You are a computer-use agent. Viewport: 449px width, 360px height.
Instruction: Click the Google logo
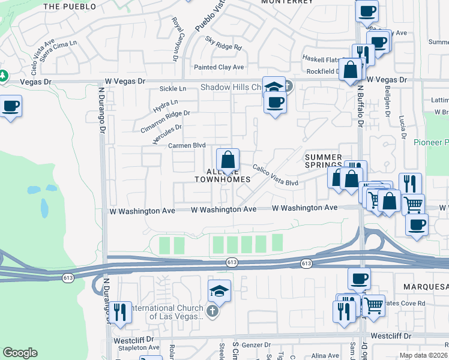(20, 353)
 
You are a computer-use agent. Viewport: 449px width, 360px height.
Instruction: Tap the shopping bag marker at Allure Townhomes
(228, 160)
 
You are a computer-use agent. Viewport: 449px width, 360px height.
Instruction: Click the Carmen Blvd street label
(187, 146)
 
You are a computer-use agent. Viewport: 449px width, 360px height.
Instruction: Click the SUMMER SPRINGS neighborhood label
(323, 160)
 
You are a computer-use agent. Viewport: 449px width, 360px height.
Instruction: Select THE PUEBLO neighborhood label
(70, 7)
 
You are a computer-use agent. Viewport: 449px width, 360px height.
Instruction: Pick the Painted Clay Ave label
(218, 67)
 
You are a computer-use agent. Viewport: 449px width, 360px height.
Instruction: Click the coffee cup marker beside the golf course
(11, 107)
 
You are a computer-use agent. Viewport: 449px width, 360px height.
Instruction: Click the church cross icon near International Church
(211, 311)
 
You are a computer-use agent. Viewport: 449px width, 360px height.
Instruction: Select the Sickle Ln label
(173, 89)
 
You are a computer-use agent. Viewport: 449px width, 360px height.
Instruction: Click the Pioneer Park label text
(431, 142)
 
